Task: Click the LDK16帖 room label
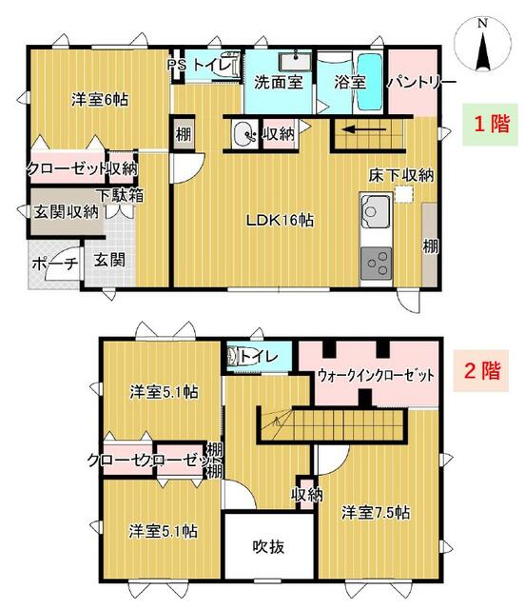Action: tap(281, 220)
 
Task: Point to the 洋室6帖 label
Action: tap(100, 99)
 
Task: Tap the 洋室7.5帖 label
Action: tap(376, 512)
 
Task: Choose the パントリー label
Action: tap(415, 82)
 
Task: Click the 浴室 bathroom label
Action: tap(349, 82)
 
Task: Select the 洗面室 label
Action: tap(280, 82)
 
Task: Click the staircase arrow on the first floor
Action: tap(362, 130)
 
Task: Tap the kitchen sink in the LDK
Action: tap(373, 207)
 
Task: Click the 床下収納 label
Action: tap(401, 175)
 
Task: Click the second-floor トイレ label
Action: tap(259, 356)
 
